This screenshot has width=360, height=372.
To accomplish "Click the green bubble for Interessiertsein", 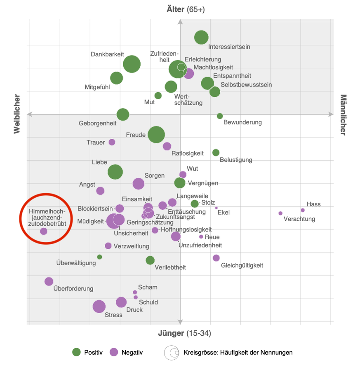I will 201,37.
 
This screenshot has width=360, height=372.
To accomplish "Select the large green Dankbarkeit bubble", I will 132,64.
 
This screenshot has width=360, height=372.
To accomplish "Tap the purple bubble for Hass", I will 303,210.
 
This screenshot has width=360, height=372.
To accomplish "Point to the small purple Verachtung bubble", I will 280,213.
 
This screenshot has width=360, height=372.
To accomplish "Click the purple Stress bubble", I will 99,306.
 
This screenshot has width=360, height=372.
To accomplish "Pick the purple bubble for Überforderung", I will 49,281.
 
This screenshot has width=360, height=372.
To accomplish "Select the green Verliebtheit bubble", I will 150,260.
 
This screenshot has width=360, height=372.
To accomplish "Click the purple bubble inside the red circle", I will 44,231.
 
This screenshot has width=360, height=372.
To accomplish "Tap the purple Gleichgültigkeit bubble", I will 216,258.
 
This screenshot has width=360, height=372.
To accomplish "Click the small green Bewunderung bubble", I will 220,116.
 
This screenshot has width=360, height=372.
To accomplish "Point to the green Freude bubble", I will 156,134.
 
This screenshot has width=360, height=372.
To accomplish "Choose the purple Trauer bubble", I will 112,142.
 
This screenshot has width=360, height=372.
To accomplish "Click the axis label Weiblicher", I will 17,114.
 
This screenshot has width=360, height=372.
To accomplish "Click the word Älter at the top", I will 175,9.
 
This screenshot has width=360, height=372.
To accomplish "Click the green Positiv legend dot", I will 76,352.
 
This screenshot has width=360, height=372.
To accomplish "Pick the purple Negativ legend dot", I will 114,352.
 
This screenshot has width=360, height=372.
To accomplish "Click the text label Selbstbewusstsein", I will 247,85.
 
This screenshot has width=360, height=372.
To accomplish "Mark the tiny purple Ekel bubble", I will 216,208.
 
